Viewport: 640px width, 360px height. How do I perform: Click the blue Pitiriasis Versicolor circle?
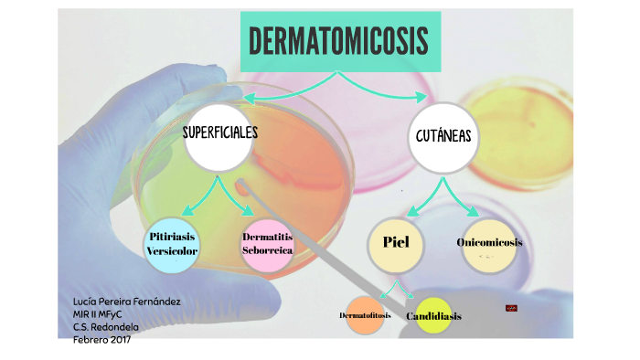[173, 244]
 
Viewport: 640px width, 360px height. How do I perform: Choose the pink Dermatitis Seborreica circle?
[268, 244]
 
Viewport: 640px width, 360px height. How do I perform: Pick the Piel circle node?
[396, 245]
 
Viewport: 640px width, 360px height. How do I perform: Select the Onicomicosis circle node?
[490, 243]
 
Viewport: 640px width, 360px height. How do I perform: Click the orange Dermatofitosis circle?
[365, 315]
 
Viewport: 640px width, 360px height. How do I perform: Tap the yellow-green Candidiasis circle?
[433, 316]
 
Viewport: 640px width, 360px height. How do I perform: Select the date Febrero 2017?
[101, 340]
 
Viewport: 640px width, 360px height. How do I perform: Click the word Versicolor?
[173, 251]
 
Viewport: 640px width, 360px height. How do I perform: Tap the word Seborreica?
[268, 250]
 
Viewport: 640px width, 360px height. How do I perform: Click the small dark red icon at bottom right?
[512, 309]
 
